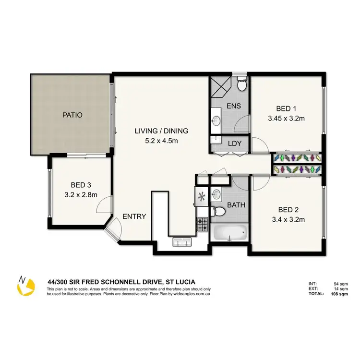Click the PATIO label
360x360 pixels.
coord(72,115)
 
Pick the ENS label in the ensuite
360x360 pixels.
coord(234,106)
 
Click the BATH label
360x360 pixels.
coord(236,205)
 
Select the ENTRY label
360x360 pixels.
coord(134,216)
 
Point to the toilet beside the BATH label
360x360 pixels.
coord(218,210)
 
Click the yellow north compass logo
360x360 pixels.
coord(25,286)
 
